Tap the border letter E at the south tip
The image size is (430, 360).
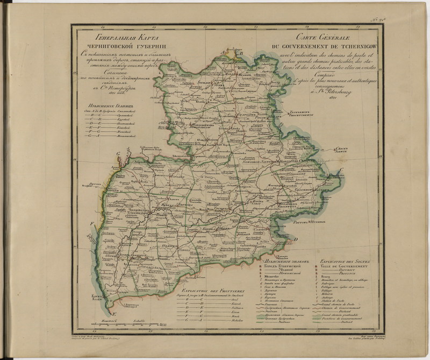pyautogui.click(x=113, y=314)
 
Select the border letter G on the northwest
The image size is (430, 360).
pyautogui.click(x=117, y=154)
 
